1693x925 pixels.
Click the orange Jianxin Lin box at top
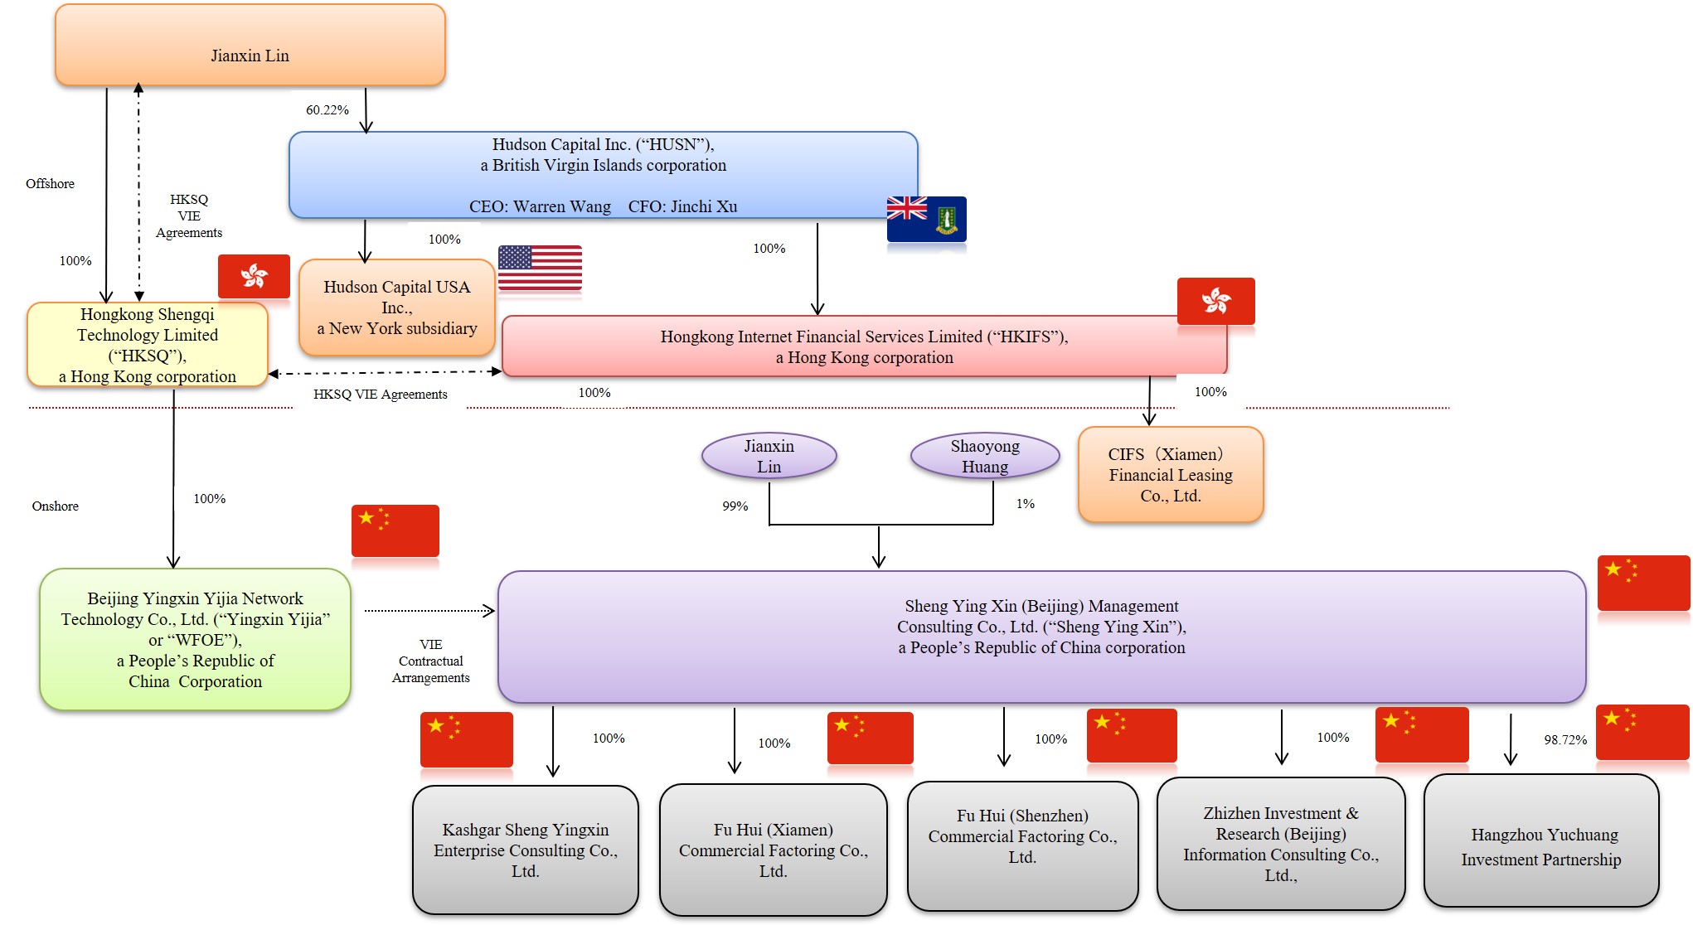tap(250, 46)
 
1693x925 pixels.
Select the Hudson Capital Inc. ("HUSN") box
tap(603, 175)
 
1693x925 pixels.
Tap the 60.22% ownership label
tap(327, 110)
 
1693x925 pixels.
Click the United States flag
tap(540, 268)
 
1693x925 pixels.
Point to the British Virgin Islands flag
tap(926, 219)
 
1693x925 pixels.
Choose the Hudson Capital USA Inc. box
tap(396, 308)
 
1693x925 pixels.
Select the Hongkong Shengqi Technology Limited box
tap(148, 345)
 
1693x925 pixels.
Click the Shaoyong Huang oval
tap(985, 456)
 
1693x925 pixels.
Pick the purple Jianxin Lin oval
tap(769, 456)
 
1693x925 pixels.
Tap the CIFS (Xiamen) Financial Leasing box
tap(1170, 475)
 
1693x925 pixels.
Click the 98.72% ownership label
tap(1564, 740)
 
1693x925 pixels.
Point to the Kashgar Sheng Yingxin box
tap(526, 850)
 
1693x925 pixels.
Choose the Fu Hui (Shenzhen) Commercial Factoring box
tap(1022, 845)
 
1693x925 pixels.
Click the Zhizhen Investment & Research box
tap(1280, 844)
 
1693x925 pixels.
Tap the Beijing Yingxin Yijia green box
tap(195, 639)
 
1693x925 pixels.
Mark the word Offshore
tap(50, 184)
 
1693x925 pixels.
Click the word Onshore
tap(55, 506)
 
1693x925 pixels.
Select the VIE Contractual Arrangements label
tap(430, 661)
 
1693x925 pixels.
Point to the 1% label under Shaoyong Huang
tap(1025, 504)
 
